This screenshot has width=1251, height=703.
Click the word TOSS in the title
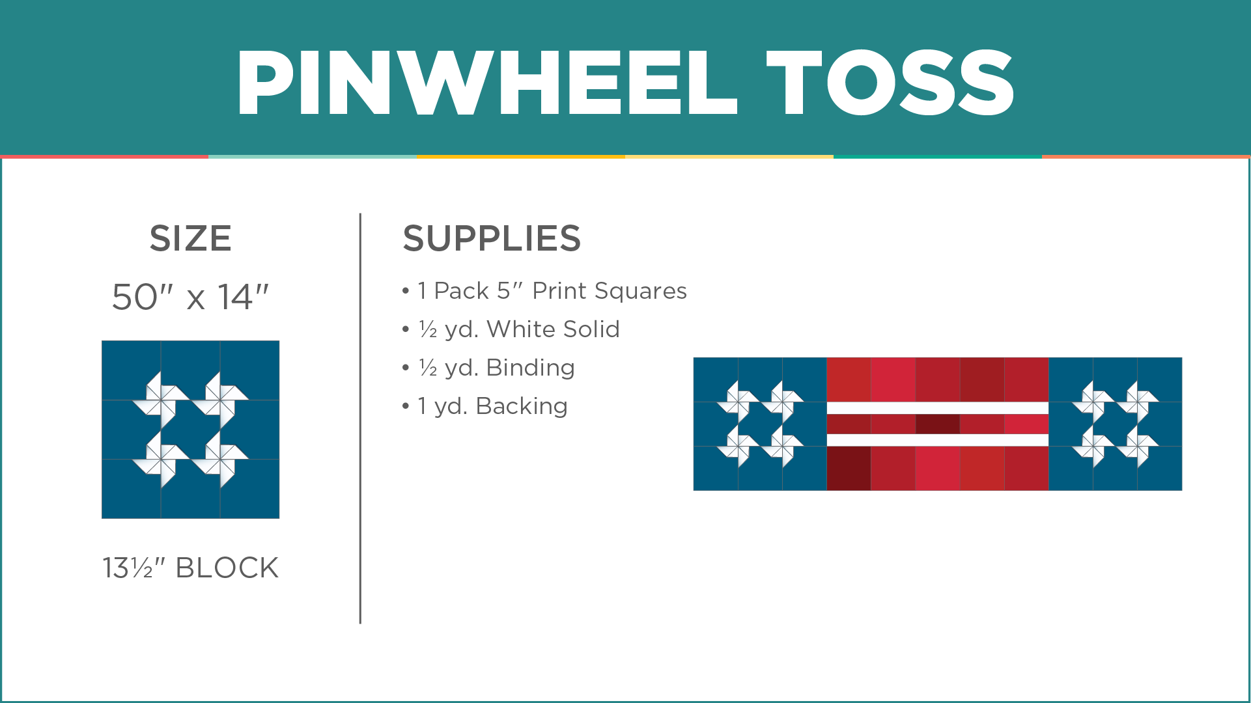890,83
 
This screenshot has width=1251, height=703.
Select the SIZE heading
190,238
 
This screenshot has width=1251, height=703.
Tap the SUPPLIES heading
492,238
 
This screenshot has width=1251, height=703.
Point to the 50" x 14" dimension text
190,297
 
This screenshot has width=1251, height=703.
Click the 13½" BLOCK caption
190,568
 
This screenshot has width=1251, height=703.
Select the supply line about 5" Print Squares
552,291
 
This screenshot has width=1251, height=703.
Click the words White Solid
553,329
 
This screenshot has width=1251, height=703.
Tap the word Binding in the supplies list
530,368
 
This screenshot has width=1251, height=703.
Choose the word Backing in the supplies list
522,406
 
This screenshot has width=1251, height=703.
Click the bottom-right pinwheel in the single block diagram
221,460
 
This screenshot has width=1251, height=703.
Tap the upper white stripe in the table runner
937,408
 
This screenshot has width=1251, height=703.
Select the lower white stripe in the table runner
937,440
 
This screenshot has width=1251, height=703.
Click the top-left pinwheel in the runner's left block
738,402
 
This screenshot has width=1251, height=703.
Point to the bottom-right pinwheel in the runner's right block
1138,447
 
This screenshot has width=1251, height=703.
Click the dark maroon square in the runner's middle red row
937,424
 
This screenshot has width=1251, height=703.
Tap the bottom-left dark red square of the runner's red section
849,469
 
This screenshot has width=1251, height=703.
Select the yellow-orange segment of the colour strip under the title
521,156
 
